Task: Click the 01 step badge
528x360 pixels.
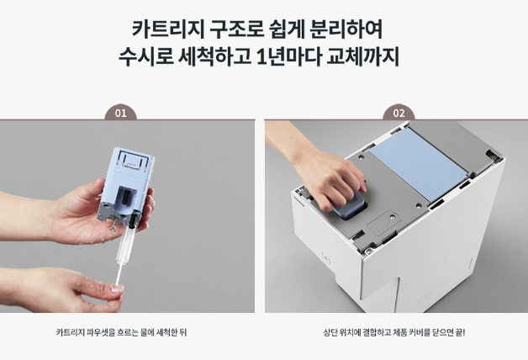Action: (x=120, y=113)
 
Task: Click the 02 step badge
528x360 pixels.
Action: (x=399, y=113)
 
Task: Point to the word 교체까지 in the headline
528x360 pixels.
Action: (x=367, y=59)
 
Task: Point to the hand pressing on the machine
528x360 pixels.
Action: (x=332, y=172)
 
